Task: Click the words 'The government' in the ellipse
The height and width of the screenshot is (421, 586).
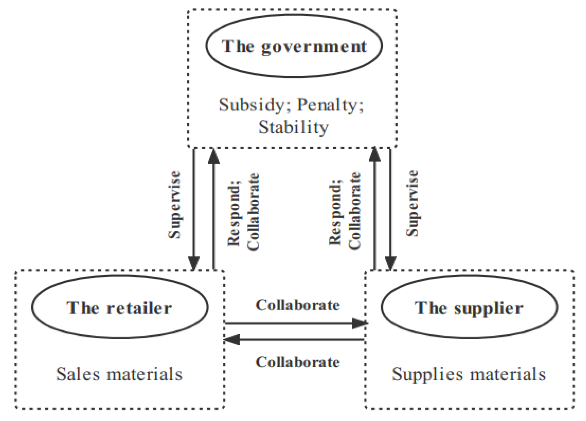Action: [x=294, y=47]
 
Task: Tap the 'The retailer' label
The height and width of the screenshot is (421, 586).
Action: [x=119, y=307]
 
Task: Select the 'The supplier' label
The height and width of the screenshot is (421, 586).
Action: [x=469, y=307]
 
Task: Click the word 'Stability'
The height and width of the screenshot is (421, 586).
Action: [x=293, y=128]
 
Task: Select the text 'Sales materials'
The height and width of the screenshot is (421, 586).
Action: [x=119, y=374]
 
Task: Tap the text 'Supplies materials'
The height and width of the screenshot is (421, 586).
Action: [x=469, y=374]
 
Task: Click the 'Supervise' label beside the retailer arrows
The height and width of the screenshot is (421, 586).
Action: [x=175, y=204]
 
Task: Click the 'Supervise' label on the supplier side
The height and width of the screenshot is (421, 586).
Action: [x=412, y=203]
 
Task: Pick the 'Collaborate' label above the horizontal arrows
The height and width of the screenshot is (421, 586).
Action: [x=297, y=305]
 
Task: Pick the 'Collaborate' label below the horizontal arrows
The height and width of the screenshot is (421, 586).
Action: [x=297, y=362]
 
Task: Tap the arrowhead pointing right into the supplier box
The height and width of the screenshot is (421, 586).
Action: [x=360, y=323]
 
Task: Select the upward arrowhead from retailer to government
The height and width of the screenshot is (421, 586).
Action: [x=214, y=156]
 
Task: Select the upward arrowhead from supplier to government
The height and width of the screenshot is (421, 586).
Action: [x=374, y=154]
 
